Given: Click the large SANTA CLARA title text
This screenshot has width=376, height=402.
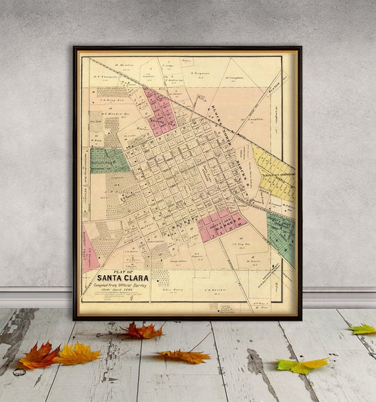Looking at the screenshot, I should point(123,278).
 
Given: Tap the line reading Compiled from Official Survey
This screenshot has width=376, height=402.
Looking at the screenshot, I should point(123,285).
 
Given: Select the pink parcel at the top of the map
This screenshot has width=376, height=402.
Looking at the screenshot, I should point(161,112).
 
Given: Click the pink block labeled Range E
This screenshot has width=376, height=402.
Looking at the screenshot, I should point(222,225).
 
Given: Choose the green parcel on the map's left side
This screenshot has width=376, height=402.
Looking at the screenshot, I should point(109,160).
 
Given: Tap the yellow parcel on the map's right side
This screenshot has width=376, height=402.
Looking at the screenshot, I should point(273,174).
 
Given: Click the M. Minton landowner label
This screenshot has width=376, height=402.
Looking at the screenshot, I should point(124,65).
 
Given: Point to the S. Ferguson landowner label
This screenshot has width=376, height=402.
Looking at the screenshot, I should point(200,73).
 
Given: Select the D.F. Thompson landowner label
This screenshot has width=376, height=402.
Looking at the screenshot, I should point(105,77).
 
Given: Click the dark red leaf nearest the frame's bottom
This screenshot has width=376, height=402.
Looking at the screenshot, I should point(141,331).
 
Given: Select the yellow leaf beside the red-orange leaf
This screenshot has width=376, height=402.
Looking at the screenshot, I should point(77,354).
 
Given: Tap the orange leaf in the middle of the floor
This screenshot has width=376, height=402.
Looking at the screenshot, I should point(184,356).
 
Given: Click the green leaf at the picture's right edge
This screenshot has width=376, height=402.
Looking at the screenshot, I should point(363,329).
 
